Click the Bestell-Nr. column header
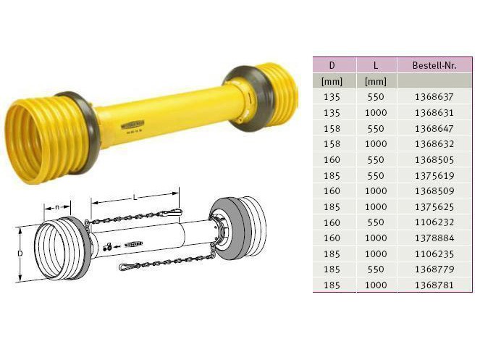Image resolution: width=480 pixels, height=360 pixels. pos(434,65)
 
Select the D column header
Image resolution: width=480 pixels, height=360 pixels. pos(332,65)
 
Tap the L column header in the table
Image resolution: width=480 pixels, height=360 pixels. pos(376,65)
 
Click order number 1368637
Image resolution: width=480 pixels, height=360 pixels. pos(434,97)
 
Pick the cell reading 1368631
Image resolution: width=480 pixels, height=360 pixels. pos(434,113)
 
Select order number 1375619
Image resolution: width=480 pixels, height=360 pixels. pos(434,175)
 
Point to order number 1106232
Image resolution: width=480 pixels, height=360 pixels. pos(434,222)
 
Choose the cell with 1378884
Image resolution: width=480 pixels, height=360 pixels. pos(434,238)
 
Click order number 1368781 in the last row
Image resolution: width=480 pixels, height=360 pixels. pos(434,285)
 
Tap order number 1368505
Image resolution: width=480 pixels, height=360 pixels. pos(434,159)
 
